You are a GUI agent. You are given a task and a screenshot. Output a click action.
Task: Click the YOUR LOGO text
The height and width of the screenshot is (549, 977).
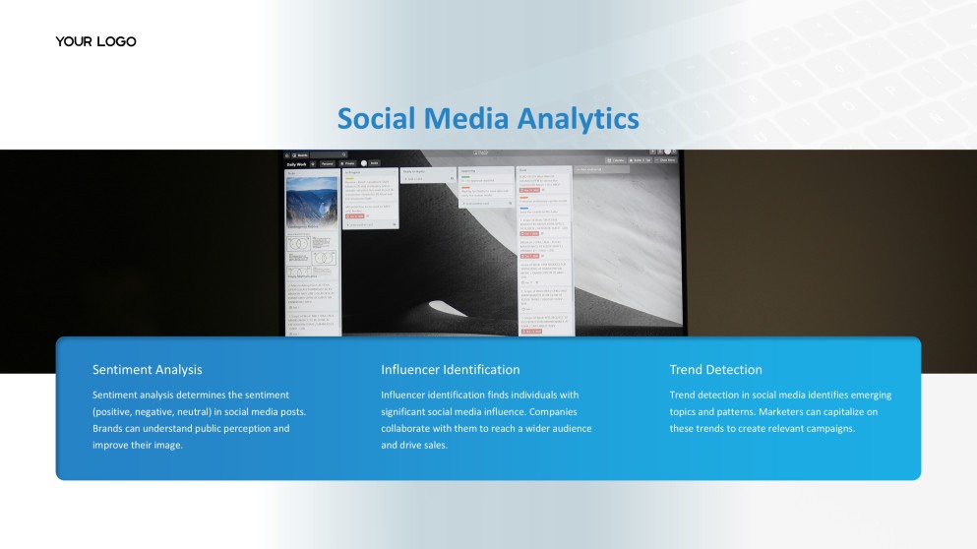tap(95, 41)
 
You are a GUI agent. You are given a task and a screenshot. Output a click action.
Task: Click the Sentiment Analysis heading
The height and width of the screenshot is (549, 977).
tap(147, 370)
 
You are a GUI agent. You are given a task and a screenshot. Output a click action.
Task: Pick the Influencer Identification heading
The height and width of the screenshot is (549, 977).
tap(450, 370)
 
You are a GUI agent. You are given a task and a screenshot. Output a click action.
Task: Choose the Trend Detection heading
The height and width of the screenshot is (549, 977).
tap(715, 370)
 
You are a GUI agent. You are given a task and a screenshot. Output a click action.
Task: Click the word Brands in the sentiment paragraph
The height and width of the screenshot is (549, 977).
tap(109, 429)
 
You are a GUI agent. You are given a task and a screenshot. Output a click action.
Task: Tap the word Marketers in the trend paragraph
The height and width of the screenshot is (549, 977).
tap(783, 411)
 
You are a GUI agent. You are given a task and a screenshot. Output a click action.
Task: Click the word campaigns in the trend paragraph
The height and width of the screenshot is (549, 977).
tap(828, 429)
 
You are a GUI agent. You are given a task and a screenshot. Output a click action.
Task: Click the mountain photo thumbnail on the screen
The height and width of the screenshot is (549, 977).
tap(311, 201)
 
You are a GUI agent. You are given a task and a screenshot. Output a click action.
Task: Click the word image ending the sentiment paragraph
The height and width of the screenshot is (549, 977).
tap(167, 446)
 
